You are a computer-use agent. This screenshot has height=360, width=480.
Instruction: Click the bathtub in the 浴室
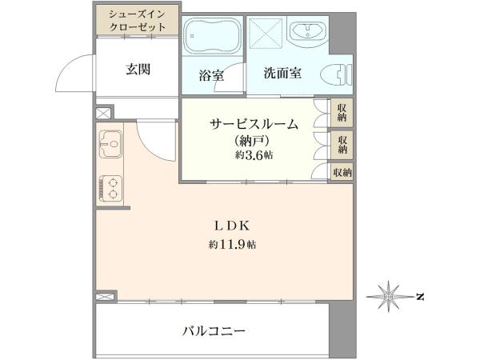[213, 35]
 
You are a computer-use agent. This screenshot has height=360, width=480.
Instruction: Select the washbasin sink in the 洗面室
[307, 31]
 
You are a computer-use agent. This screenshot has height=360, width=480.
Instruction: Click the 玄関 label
[138, 69]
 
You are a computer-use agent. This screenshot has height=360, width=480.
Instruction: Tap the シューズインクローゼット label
[137, 21]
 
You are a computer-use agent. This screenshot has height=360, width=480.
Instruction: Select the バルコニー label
[214, 331]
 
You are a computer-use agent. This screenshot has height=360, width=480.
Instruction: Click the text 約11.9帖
[232, 245]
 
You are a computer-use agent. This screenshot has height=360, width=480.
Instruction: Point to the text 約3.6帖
[254, 155]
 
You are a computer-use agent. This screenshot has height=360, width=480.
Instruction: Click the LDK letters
[232, 226]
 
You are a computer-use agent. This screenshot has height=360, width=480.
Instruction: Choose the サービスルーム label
[254, 125]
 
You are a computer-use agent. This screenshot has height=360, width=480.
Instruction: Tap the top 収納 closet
[342, 112]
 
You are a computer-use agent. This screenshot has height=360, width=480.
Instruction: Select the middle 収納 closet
[342, 145]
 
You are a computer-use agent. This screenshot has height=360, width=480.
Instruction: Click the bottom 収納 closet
[342, 173]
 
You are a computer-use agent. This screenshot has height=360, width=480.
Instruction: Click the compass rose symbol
[389, 296]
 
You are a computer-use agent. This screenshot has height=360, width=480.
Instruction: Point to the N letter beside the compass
[420, 296]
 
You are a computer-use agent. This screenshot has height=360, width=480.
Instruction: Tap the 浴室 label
[211, 75]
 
